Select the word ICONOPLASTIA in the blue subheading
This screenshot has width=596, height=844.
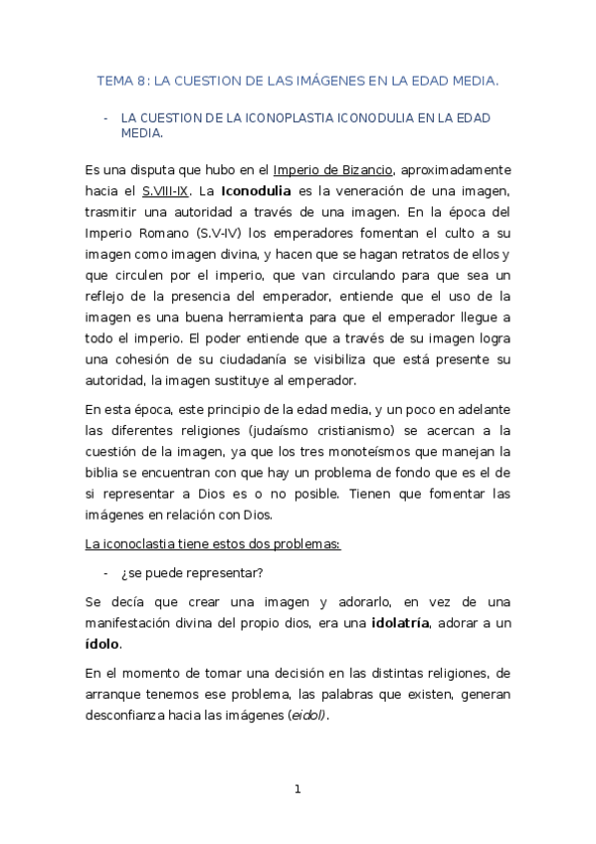click(x=263, y=116)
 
